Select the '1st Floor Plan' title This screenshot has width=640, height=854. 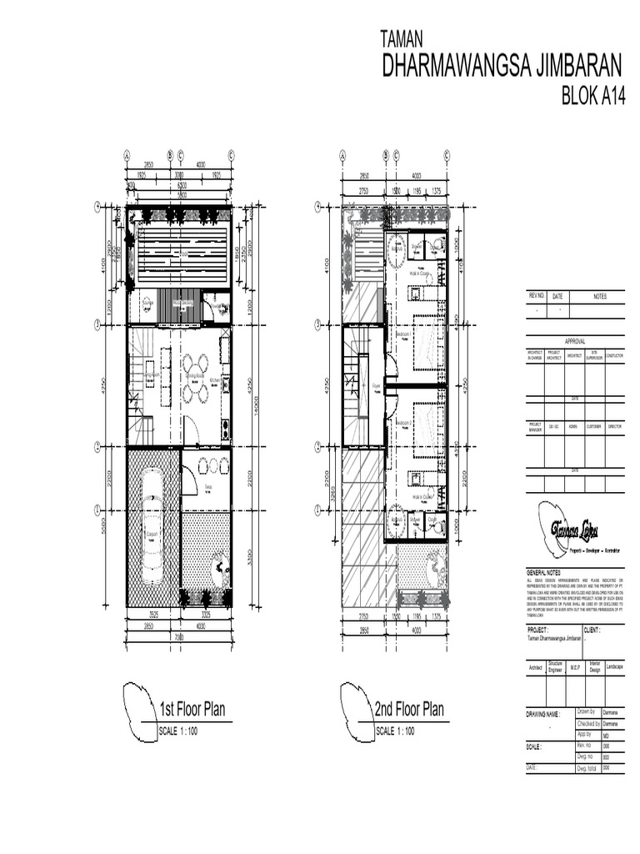192,710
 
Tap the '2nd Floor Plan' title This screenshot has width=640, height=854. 408,710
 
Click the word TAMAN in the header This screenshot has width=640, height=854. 402,38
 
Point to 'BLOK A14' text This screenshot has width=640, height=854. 593,98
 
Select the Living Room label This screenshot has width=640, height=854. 151,375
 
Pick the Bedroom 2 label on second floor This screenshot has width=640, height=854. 404,424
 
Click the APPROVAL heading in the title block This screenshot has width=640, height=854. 575,341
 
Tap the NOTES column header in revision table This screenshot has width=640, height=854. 600,296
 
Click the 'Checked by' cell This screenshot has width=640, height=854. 587,724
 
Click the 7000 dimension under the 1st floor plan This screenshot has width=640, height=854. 178,638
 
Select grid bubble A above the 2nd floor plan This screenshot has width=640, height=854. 342,154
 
